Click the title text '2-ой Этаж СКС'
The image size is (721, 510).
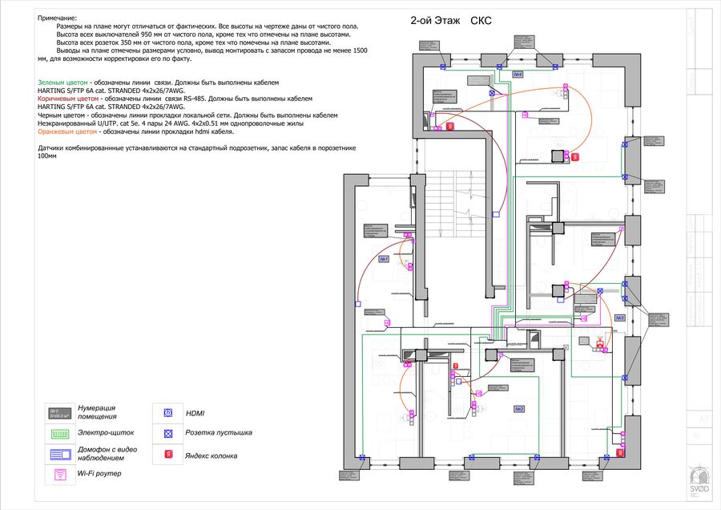point(450,22)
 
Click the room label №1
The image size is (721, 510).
point(384,259)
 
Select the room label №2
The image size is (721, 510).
point(519,409)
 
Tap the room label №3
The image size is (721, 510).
point(619,318)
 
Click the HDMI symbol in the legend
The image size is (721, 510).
point(168,413)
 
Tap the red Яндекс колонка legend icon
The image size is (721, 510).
point(168,455)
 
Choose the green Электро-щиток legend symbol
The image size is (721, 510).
point(60,433)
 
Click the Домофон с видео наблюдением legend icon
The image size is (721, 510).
point(60,454)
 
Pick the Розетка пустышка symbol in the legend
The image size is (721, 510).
point(168,433)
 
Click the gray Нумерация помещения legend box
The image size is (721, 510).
point(60,412)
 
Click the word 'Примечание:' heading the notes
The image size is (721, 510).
point(57,17)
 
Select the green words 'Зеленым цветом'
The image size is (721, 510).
point(63,83)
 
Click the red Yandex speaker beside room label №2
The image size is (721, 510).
point(455,366)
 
